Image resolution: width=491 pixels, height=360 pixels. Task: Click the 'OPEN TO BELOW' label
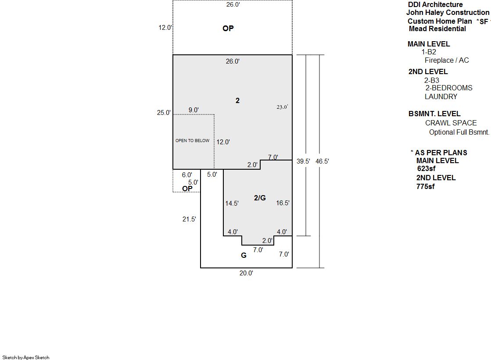192,141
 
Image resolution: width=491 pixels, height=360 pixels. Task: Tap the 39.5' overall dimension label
303,161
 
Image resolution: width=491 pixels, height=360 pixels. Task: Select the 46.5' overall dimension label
322,161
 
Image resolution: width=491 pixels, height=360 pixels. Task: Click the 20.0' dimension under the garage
246,273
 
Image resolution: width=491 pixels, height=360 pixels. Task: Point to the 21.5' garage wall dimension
189,219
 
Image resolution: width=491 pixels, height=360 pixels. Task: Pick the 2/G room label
260,198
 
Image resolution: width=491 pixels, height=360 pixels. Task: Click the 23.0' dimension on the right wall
282,107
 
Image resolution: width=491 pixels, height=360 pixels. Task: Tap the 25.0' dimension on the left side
164,113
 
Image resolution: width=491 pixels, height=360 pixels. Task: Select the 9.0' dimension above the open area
194,110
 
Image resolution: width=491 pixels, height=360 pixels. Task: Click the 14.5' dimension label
232,203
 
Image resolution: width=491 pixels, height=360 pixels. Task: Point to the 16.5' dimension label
283,203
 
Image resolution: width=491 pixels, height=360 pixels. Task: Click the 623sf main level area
426,169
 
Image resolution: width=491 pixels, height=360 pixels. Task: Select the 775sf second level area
426,186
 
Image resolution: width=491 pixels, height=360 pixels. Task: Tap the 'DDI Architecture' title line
435,5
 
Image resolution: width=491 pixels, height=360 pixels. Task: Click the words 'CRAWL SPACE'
451,123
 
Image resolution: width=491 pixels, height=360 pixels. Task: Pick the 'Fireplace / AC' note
447,61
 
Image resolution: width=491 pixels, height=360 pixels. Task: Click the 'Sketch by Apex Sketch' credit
26,357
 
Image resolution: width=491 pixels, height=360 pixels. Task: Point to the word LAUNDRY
441,97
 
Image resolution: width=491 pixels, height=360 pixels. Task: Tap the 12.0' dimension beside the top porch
165,28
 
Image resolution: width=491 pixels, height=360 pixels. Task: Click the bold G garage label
244,256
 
